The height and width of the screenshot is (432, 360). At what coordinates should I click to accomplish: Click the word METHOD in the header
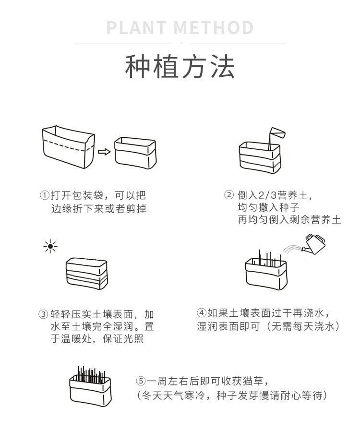point(214,28)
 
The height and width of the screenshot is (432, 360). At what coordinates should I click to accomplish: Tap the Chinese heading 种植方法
point(180,67)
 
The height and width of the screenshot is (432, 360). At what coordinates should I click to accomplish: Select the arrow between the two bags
point(104,152)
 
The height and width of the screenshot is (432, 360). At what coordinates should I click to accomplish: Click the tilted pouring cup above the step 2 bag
point(276,132)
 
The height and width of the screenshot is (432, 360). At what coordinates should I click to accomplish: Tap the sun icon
point(50,247)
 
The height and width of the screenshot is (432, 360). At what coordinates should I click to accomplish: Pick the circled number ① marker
point(44,196)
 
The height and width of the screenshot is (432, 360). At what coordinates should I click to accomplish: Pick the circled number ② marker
point(229,195)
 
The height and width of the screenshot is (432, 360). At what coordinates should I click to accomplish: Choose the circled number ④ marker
point(202,313)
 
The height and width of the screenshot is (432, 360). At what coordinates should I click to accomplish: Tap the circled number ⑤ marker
point(140,382)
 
